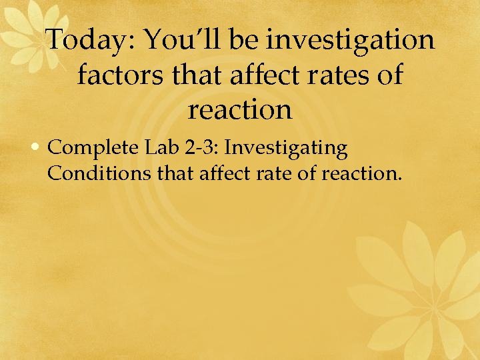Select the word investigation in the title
350,41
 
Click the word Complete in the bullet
89,148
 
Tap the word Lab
158,148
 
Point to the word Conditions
99,175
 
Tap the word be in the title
245,41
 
